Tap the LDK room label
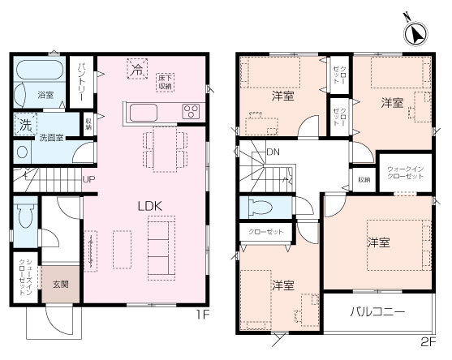[x=149, y=206]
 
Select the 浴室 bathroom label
[x=45, y=96]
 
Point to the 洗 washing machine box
[x=24, y=126]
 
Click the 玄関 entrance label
[x=61, y=284]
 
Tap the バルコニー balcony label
[x=378, y=311]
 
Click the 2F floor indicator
[x=428, y=340]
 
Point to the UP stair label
[x=88, y=178]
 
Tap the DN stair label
[x=274, y=152]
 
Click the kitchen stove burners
[x=192, y=112]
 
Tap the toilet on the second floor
[x=261, y=205]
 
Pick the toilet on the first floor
[x=23, y=219]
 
